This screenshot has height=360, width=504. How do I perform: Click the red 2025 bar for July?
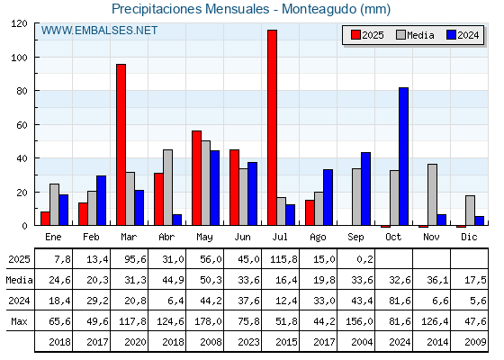(x=272, y=128)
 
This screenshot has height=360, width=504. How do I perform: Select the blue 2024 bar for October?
(x=404, y=157)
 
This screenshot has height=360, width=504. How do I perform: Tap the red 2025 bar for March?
(x=121, y=145)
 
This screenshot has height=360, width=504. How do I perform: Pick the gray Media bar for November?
(x=432, y=194)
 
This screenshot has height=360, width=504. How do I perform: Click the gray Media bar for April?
(x=167, y=187)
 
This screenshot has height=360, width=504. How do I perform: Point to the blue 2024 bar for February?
(x=101, y=201)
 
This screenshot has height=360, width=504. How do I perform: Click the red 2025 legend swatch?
(x=355, y=35)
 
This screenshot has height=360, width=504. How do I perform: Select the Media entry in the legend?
(x=415, y=35)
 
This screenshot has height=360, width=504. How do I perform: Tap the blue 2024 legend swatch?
(x=451, y=35)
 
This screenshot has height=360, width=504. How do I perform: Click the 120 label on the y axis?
(x=19, y=23)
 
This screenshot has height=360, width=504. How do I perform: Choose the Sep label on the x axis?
(x=355, y=237)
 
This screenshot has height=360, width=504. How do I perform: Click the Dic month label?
(x=469, y=237)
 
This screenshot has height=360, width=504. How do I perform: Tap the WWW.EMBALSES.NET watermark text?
(x=99, y=31)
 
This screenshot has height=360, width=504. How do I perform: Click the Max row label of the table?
(x=19, y=321)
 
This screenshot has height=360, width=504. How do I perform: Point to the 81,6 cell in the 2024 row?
(x=400, y=301)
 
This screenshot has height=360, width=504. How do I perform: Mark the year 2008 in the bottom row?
(x=211, y=342)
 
